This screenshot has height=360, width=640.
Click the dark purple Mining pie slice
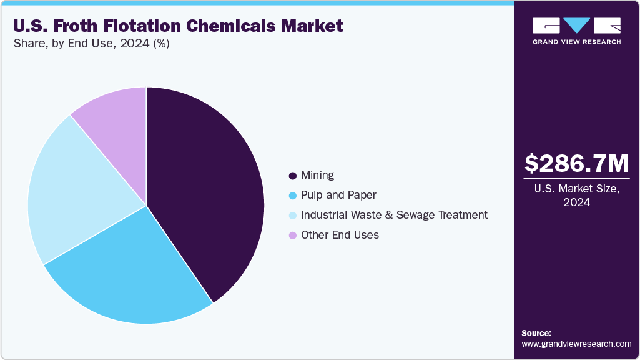pos(206,187)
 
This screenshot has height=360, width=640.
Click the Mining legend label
pos(317,175)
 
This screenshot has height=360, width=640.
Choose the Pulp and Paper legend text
pos(338,195)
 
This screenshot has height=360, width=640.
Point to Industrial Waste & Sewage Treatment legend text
pos(394,215)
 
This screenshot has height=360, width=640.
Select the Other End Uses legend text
pos(340,235)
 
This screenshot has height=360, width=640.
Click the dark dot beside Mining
pos(292,176)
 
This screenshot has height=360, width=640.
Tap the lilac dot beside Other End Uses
pos(292,236)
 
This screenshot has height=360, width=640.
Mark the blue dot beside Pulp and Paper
pos(292,196)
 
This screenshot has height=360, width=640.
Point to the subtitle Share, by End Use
pos(91,44)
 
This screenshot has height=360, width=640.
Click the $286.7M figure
pos(576,163)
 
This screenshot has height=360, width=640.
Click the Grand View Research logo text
pos(576,42)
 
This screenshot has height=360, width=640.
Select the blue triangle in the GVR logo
pos(576,25)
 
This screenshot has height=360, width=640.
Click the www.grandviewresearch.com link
pos(576,344)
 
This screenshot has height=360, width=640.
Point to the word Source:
pos(536,333)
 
